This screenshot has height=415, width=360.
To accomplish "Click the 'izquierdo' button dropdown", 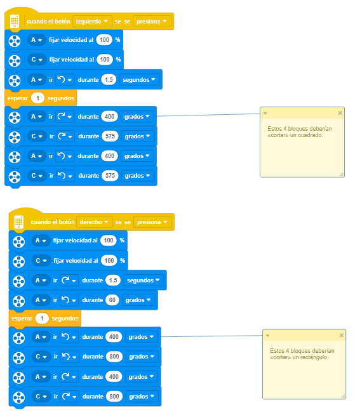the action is point(91,22).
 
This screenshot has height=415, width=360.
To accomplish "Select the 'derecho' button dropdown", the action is point(95,222).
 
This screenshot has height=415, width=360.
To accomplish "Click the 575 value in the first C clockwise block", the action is point(110,136).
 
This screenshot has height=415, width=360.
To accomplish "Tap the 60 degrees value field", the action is point(112,300).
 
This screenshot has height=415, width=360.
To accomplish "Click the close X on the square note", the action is point(340,114).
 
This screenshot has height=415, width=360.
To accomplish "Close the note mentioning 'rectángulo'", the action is point(342,335).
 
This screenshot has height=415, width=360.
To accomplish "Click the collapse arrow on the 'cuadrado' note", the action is point(265,114).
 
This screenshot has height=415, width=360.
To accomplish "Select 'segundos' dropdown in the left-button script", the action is point(139,80).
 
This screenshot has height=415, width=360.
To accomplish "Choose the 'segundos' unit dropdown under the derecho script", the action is point(143,280).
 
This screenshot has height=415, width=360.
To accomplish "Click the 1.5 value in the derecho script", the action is point(113,280).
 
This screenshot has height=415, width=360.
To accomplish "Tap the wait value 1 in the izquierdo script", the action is point(37,98).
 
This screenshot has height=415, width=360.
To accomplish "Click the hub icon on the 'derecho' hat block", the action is point(19,222).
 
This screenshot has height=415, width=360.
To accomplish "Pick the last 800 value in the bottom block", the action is point(114,397).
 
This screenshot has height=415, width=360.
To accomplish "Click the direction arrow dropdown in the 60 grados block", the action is point(69,300).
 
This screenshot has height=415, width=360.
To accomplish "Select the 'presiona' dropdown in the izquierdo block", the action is point(152,22).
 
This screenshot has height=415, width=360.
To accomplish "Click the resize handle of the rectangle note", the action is point(343,397).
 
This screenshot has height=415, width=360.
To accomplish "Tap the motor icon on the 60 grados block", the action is point(19,301).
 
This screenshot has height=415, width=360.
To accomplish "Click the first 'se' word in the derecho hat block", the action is point(118,222).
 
